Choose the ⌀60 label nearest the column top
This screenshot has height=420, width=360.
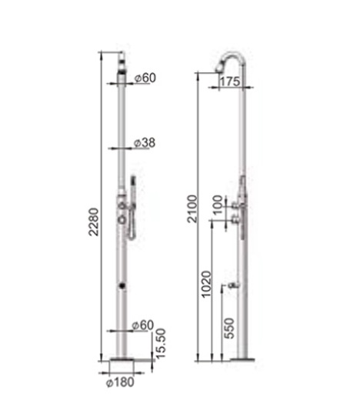click(142, 78)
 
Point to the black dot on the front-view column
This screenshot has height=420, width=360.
click(122, 285)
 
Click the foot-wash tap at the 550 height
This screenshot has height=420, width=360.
click(230, 285)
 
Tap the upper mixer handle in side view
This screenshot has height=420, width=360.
click(228, 205)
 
